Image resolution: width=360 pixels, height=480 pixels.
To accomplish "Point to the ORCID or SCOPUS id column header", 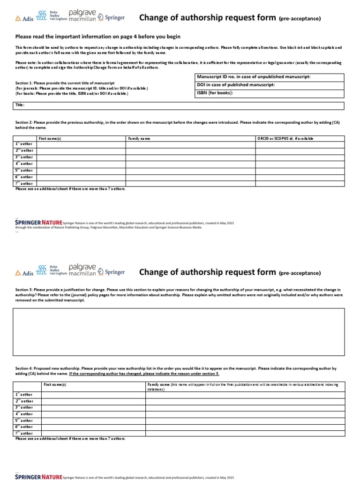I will (x=285, y=139).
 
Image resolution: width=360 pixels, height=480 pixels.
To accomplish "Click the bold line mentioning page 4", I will (x=98, y=36).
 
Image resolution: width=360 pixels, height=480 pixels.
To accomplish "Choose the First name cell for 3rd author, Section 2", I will (x=81, y=157).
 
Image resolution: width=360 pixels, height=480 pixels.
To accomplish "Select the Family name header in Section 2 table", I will (x=139, y=139).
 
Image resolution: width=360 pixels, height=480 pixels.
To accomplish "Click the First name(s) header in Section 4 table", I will (x=55, y=384).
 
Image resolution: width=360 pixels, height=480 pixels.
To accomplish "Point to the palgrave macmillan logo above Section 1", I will (x=82, y=15).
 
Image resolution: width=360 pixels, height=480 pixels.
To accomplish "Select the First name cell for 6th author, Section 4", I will (x=93, y=427).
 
